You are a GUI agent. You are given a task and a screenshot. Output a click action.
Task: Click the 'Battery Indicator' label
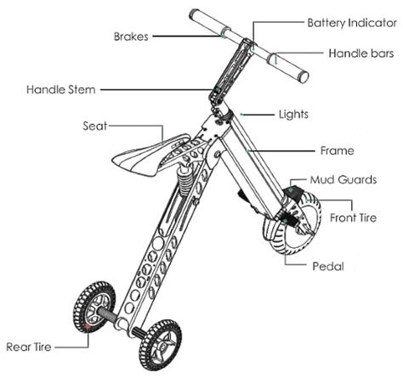(352, 23)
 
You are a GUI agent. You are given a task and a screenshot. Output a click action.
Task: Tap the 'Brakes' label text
(131, 37)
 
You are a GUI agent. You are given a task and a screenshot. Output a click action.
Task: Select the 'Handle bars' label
(361, 54)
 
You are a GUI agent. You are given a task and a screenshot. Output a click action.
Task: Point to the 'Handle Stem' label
(61, 89)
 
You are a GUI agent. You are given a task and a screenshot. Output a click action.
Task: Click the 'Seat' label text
(95, 126)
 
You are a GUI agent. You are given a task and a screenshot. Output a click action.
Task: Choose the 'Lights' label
(293, 115)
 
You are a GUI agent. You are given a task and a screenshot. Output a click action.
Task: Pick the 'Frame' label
(338, 150)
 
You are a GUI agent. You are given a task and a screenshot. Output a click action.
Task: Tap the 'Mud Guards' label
(343, 180)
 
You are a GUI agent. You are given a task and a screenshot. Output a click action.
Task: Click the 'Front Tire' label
(353, 217)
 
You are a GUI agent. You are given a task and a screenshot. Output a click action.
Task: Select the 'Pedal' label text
(328, 267)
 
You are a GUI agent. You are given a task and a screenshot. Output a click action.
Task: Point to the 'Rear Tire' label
(29, 346)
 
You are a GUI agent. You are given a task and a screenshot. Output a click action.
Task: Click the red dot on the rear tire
(88, 326)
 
